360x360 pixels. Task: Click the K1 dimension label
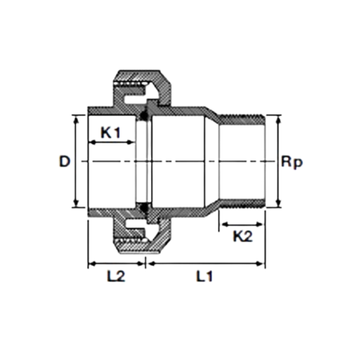110,132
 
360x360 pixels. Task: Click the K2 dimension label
243,236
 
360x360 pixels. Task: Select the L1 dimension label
204,276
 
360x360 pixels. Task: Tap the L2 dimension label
116,276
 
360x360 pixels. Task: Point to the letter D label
65,161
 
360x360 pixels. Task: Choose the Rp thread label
292,163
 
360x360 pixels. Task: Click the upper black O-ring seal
144,115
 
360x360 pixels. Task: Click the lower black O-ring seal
144,207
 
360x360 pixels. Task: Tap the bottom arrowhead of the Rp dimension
279,204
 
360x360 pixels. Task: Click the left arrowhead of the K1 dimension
93,143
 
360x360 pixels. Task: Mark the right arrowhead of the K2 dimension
260,225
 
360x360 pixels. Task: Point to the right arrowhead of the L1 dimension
260,264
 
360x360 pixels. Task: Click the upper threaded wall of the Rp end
242,118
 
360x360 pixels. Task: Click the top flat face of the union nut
140,71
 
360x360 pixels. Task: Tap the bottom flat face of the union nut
140,252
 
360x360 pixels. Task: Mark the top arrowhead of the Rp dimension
279,120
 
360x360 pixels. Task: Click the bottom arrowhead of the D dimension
76,203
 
